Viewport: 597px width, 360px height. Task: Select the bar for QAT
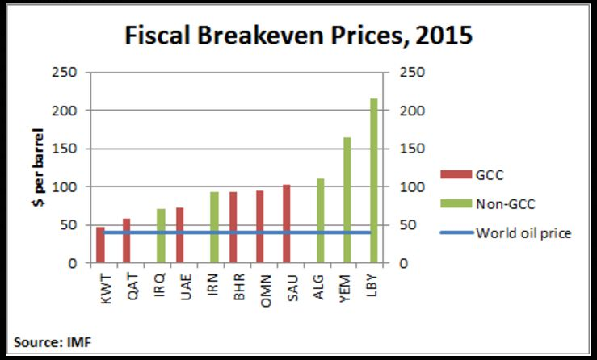pos(127,241)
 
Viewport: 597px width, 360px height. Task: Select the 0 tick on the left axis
pos(73,263)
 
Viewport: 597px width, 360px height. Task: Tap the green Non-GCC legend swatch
pos(452,204)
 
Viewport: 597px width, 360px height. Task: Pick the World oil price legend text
pos(523,233)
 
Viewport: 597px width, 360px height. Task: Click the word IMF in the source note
pos(78,342)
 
